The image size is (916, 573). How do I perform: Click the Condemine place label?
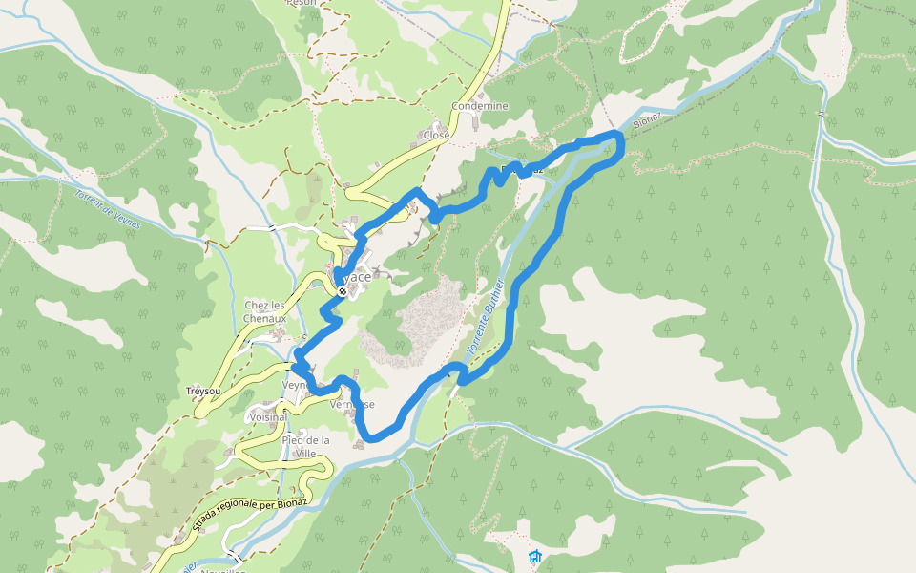[480, 106]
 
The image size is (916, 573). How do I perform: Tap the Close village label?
[436, 135]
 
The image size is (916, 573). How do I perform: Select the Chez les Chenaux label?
[264, 311]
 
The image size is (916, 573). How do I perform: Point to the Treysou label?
[202, 393]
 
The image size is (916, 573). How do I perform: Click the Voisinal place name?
[267, 417]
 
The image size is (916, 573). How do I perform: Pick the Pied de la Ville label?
[305, 446]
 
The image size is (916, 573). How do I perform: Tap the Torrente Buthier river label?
[485, 319]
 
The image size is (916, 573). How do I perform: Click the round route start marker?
[342, 290]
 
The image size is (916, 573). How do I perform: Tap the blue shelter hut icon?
[534, 556]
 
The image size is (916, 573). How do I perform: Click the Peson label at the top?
[301, 4]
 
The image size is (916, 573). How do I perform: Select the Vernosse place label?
[351, 404]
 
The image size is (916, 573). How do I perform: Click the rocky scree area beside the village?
[420, 320]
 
